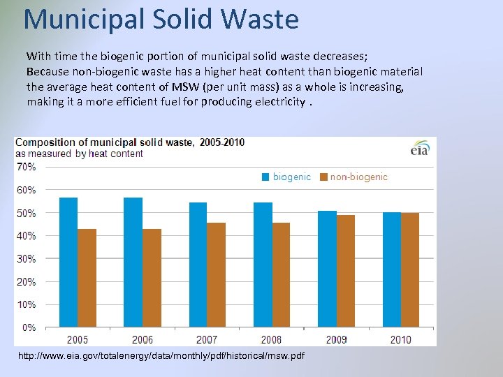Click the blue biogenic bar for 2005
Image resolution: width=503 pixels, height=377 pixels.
(68, 262)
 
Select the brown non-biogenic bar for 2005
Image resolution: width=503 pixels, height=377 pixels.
(87, 278)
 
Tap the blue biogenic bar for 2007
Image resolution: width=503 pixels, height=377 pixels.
(198, 265)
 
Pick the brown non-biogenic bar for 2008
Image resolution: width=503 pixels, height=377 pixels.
(281, 274)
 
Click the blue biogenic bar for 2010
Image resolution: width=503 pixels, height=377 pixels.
(392, 269)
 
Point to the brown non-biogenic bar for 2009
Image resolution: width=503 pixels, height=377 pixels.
(346, 271)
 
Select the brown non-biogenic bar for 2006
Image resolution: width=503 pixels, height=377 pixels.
(152, 278)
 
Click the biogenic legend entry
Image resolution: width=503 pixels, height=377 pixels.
(286, 177)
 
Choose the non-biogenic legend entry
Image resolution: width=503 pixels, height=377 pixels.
(353, 177)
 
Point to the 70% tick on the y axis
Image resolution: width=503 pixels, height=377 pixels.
(27, 167)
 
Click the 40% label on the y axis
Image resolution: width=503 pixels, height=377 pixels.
(27, 236)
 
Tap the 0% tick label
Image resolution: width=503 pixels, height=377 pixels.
(29, 327)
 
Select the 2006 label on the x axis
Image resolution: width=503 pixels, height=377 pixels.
(142, 340)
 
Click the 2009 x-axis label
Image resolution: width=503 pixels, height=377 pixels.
(336, 340)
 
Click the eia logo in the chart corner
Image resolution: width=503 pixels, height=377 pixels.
(420, 149)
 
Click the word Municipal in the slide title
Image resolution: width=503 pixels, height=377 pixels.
(85, 19)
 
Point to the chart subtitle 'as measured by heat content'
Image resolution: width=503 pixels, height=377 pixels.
(79, 154)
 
